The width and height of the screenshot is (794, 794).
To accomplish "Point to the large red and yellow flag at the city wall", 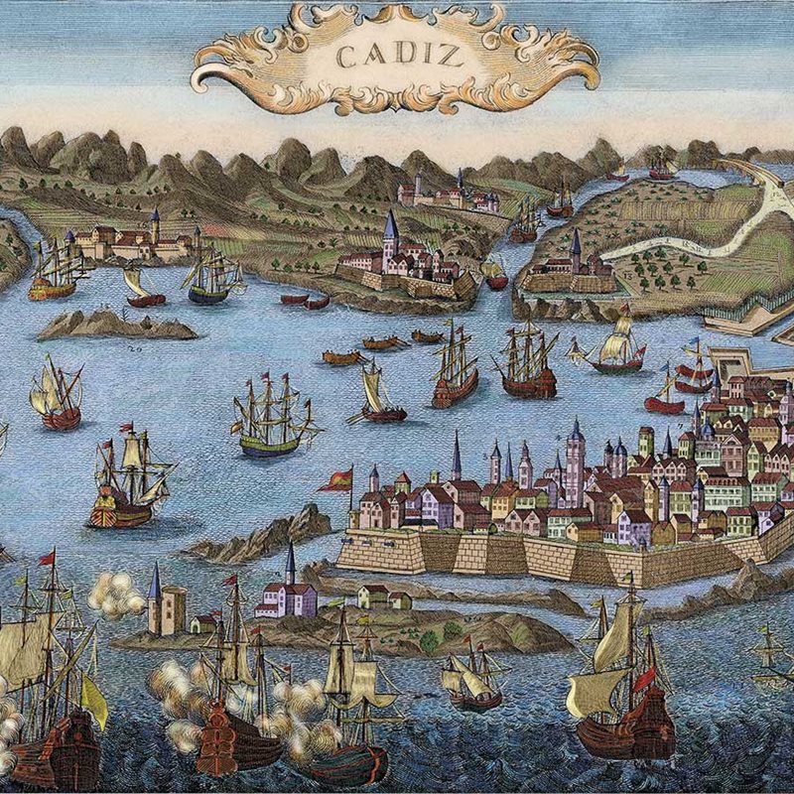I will click(337, 480).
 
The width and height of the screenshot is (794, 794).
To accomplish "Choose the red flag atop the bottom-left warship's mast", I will click(46, 559).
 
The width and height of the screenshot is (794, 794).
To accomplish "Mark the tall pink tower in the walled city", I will click(575, 466).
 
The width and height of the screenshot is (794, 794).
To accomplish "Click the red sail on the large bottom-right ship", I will click(646, 678).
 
